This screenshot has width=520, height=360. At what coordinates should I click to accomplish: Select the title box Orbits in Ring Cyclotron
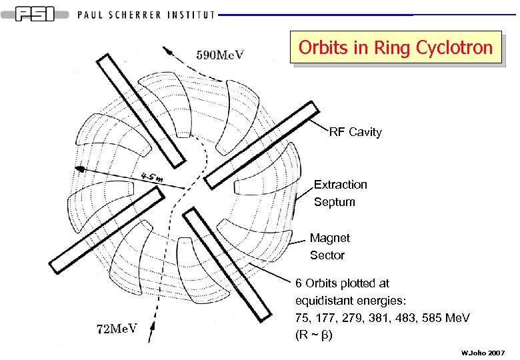click(x=395, y=47)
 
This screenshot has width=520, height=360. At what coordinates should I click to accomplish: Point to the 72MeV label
click(x=115, y=328)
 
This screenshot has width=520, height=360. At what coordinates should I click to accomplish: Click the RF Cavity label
click(x=355, y=132)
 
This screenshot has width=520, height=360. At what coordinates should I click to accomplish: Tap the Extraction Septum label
click(x=340, y=193)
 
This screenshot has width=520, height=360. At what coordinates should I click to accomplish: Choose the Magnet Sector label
click(x=329, y=246)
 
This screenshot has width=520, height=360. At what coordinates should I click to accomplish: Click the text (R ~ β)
click(x=313, y=335)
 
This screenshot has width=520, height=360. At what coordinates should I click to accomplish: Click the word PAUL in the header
click(x=95, y=15)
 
